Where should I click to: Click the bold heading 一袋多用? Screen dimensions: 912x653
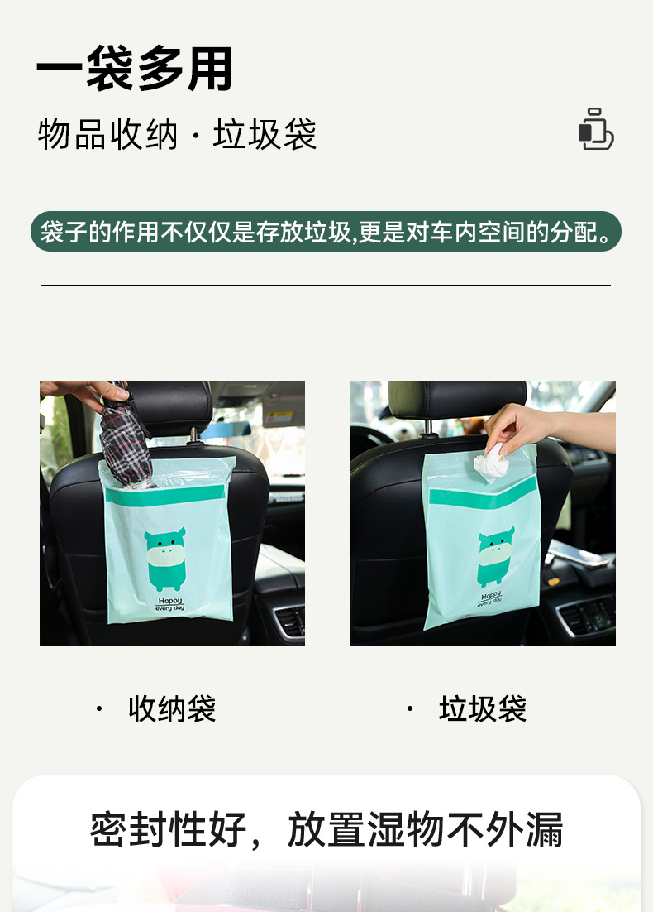click(135, 69)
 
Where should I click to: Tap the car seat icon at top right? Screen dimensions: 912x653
click(595, 130)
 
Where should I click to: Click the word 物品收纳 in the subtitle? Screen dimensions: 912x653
click(107, 135)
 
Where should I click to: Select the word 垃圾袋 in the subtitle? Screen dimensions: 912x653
click(265, 135)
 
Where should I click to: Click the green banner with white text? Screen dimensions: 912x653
click(326, 232)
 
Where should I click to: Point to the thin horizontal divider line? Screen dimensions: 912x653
click(326, 286)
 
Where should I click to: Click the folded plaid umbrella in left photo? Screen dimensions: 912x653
click(126, 439)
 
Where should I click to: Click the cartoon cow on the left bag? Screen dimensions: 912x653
click(164, 559)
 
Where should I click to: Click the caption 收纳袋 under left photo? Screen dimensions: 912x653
click(172, 709)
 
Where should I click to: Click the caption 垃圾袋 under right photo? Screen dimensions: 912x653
click(483, 709)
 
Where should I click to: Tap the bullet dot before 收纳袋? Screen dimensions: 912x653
click(99, 709)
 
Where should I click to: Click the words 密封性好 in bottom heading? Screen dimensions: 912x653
click(169, 829)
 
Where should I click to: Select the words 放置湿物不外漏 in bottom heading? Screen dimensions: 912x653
click(425, 829)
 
